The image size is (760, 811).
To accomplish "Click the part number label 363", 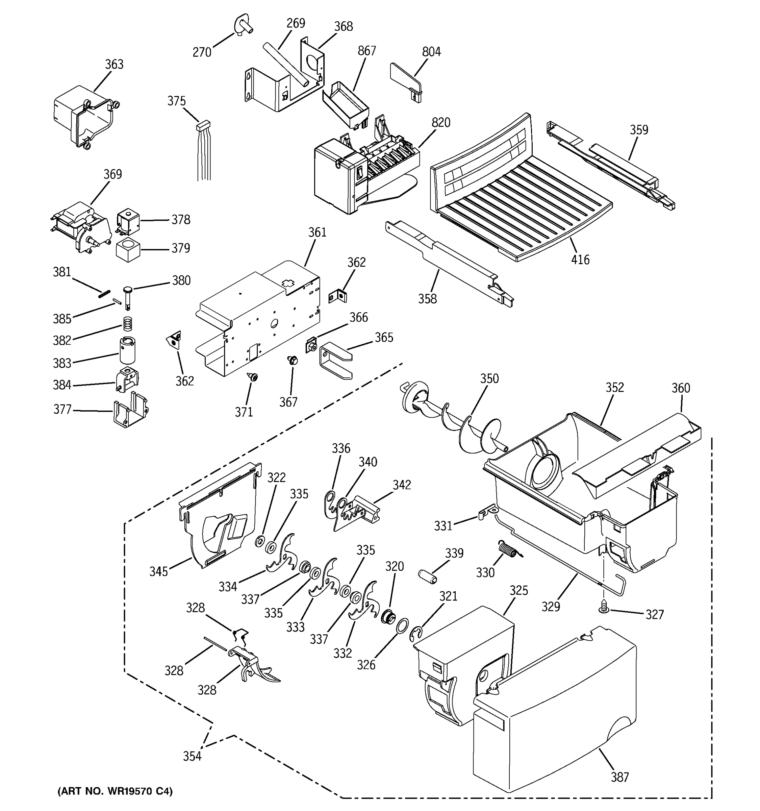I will click(x=114, y=65).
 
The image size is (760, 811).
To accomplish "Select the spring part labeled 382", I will click(x=128, y=325).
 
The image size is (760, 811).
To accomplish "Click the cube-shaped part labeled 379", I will click(x=128, y=249).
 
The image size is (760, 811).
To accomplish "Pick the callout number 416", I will click(x=580, y=260).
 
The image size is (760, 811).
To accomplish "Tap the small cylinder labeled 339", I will click(x=427, y=577).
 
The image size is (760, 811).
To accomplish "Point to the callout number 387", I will click(x=619, y=777).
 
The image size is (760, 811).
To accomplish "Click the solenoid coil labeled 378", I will click(x=128, y=222).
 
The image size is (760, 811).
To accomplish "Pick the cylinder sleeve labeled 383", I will click(x=128, y=350).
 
